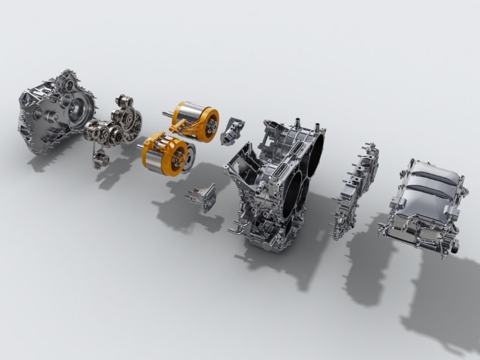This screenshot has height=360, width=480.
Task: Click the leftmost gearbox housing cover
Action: pyautogui.click(x=57, y=111)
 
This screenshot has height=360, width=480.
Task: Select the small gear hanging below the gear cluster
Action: pyautogui.click(x=100, y=159)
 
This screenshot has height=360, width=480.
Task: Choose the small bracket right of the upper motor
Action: pyautogui.click(x=232, y=131)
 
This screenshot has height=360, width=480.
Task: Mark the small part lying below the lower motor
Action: pyautogui.click(x=201, y=198)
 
